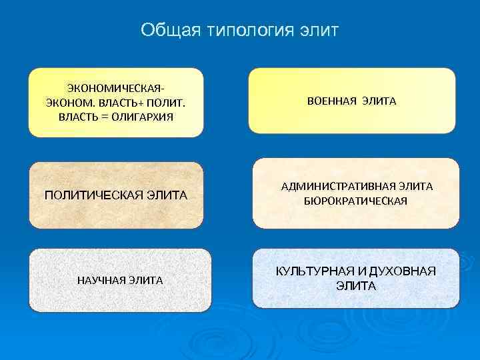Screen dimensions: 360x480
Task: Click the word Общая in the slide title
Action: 167,31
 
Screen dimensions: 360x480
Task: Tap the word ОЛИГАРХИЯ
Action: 141,117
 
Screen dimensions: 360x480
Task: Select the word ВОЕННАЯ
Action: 331,101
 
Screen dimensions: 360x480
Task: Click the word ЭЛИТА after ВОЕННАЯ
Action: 379,101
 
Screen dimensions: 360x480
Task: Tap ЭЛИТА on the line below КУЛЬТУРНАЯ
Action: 356,286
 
